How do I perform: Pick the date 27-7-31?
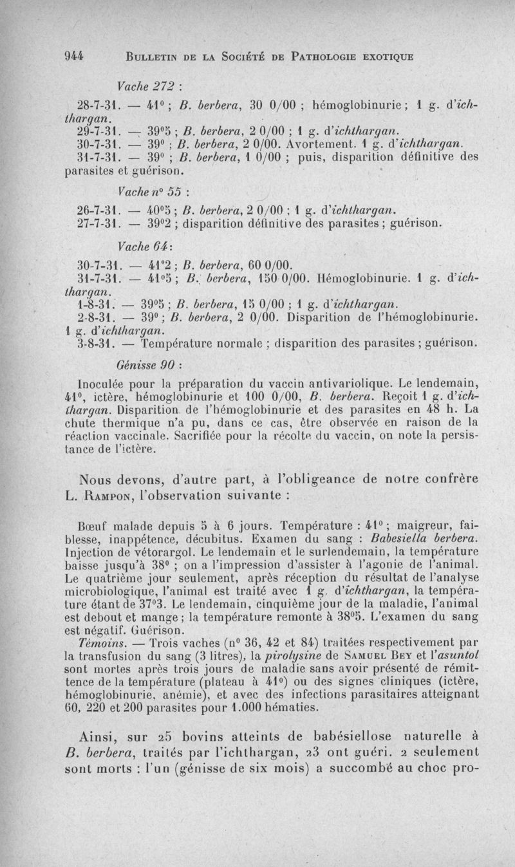(96, 223)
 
